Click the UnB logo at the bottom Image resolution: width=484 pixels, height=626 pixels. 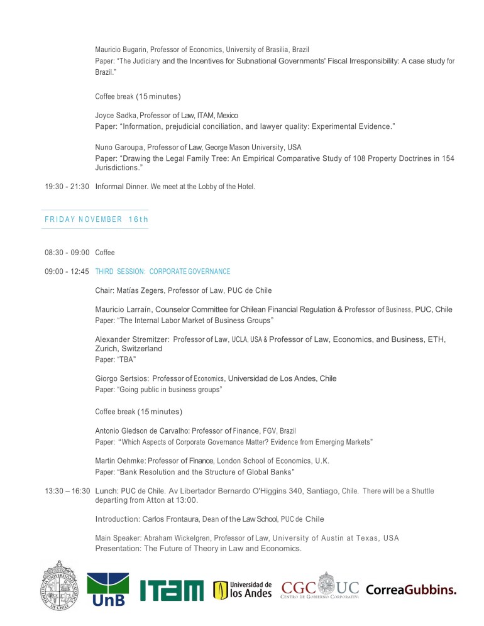click(107, 590)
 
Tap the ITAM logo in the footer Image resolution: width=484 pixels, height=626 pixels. click(172, 590)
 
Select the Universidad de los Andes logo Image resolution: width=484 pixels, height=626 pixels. click(243, 590)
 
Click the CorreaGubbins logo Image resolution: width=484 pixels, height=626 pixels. click(411, 590)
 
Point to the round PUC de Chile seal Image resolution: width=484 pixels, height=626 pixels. click(62, 586)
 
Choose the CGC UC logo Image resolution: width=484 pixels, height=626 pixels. click(320, 588)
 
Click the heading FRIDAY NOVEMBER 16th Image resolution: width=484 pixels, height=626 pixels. click(96, 219)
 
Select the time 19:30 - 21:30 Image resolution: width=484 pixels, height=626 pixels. click(67, 187)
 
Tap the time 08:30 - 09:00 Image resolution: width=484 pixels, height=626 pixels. click(67, 253)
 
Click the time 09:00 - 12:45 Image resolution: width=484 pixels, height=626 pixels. click(67, 272)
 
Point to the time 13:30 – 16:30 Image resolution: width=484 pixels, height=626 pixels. click(67, 490)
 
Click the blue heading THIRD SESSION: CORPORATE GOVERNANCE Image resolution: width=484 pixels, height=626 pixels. click(163, 272)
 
